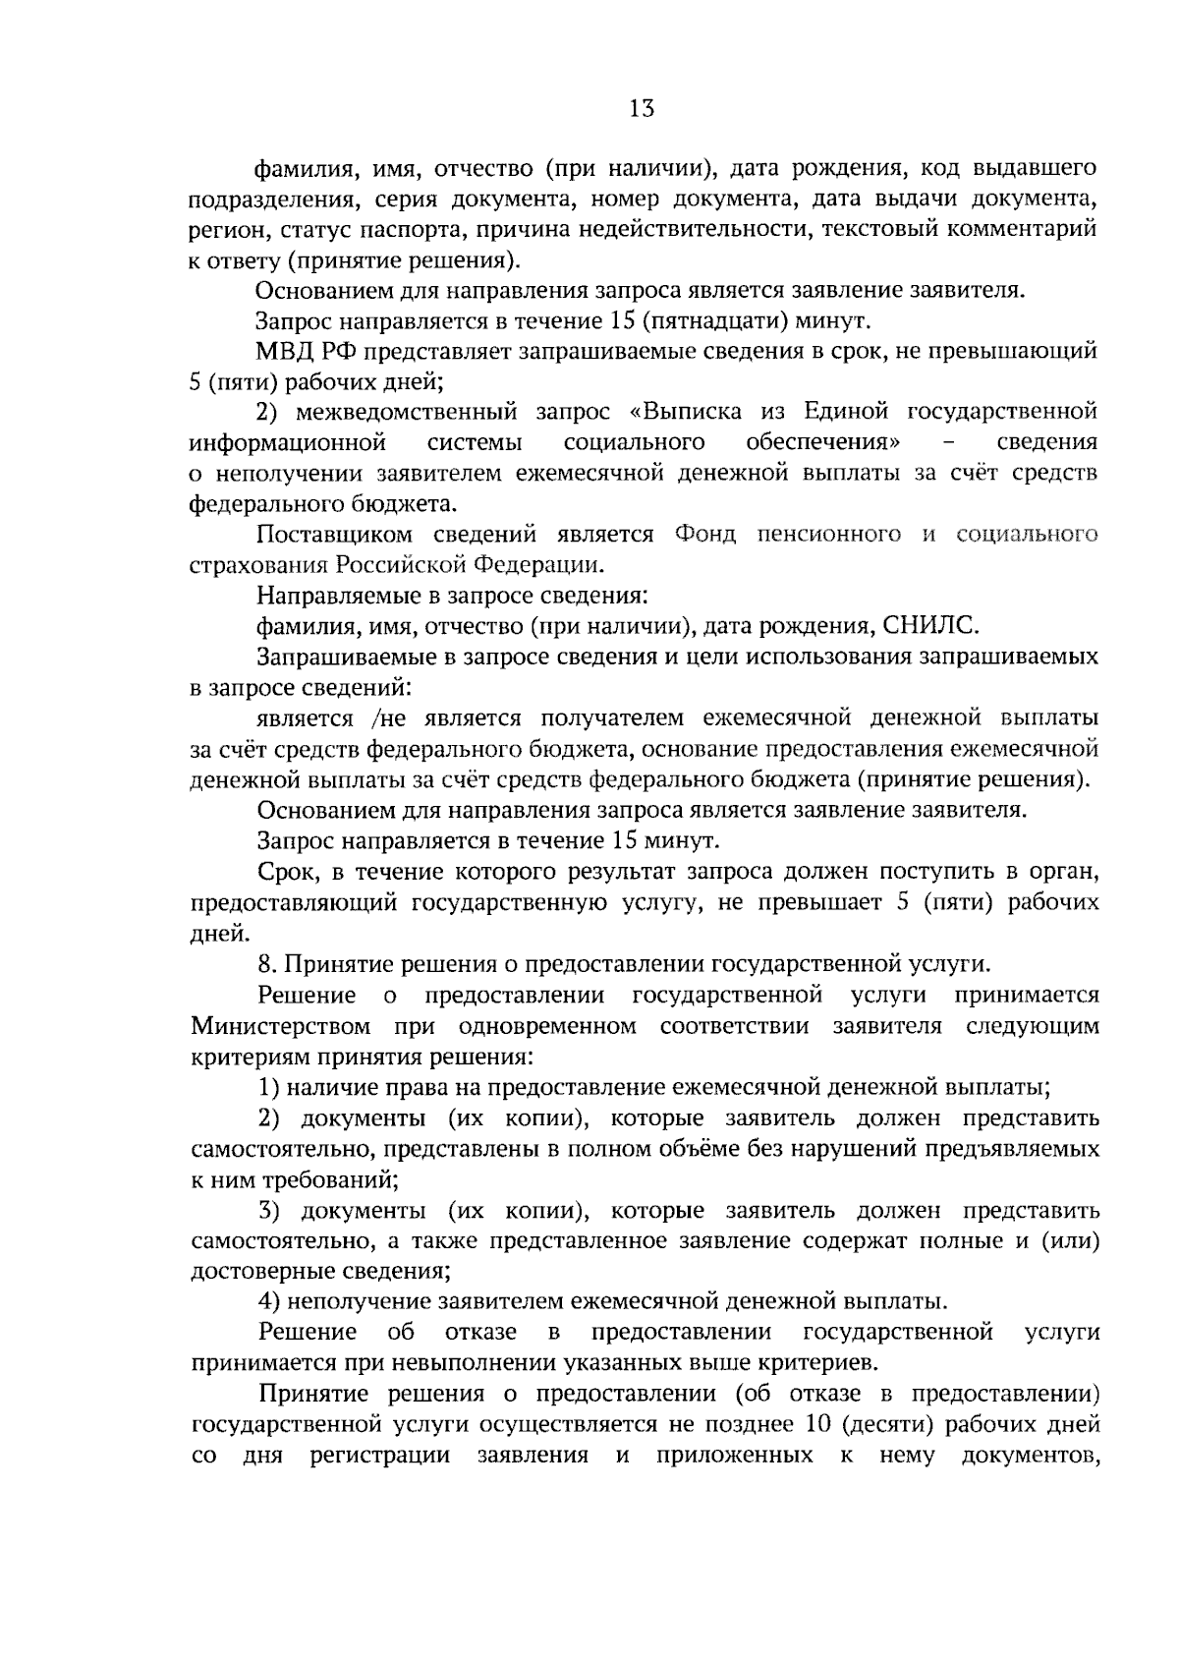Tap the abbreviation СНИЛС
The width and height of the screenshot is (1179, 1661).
click(930, 626)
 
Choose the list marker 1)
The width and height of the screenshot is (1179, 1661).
click(270, 1088)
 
